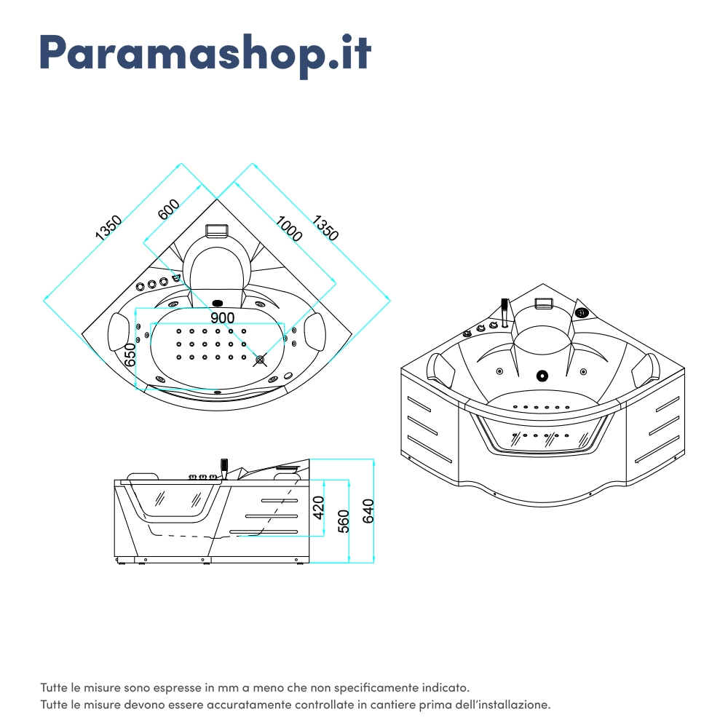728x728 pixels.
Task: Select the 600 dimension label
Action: point(169,210)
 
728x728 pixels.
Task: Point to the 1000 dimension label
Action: point(289,229)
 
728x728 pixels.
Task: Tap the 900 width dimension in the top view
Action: point(222,318)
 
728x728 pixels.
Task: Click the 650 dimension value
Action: point(130,355)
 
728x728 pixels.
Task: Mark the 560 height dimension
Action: point(344,521)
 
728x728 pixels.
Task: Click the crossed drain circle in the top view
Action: point(261,359)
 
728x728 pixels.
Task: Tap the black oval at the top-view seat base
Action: point(218,304)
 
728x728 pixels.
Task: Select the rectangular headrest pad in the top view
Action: point(217,230)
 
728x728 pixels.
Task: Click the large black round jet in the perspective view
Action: point(542,376)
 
